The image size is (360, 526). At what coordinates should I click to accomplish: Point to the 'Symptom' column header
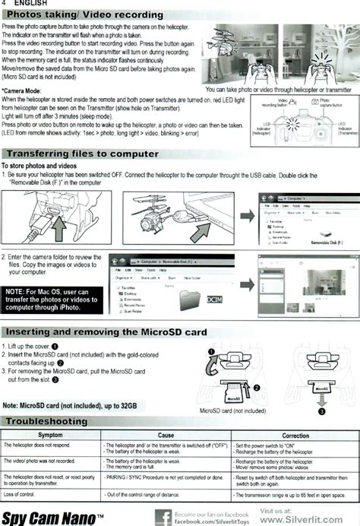click(x=50, y=434)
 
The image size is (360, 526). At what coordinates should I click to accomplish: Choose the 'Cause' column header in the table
click(x=166, y=434)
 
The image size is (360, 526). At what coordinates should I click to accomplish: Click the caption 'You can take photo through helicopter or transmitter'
click(x=279, y=89)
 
